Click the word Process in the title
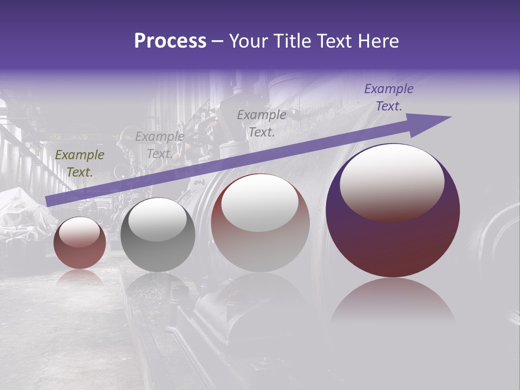(170, 41)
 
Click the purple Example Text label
(389, 97)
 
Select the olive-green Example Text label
(80, 164)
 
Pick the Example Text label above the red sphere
(262, 123)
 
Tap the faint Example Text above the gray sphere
(160, 145)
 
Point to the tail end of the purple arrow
(49, 201)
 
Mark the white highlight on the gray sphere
(157, 219)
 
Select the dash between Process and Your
(218, 42)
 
